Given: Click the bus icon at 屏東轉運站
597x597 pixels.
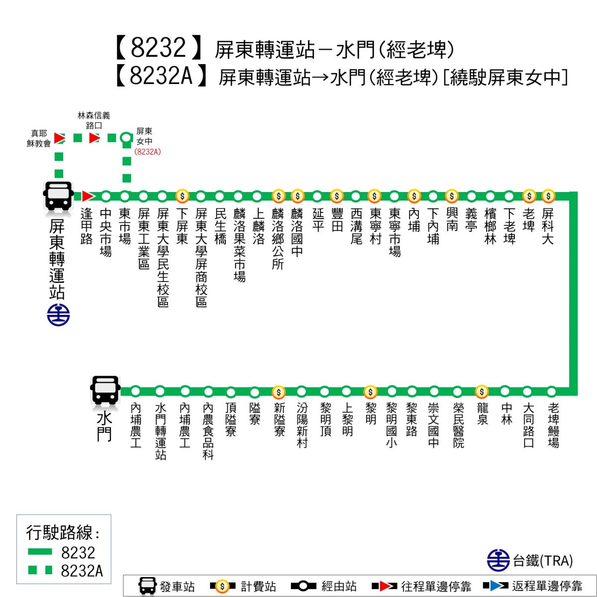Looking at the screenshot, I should click(x=59, y=195).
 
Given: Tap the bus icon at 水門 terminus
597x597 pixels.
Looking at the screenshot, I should click(x=105, y=390).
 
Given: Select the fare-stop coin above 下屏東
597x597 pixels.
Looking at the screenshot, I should click(x=183, y=196).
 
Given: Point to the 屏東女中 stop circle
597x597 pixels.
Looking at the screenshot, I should click(x=126, y=137).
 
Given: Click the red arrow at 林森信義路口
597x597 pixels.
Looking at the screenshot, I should click(x=95, y=137).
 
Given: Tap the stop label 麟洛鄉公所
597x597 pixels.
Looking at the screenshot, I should click(x=278, y=239).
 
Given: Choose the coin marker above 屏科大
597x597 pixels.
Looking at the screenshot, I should click(x=548, y=196).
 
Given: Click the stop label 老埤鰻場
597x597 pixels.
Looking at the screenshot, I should click(x=553, y=425).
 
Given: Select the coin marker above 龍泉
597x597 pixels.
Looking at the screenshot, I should click(x=482, y=392).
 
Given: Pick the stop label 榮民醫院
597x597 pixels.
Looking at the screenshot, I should click(x=458, y=425).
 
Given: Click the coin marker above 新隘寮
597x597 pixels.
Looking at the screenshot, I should click(x=279, y=392).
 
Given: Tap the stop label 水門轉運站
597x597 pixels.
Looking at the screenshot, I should click(x=160, y=431).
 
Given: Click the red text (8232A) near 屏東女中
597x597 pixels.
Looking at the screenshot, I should click(x=148, y=152).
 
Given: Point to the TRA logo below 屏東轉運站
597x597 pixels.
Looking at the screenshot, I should click(x=59, y=315).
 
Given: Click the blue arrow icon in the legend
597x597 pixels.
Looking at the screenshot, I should click(x=496, y=586).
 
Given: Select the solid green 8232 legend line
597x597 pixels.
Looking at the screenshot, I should click(x=40, y=552).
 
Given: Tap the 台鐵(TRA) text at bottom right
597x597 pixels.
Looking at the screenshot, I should click(x=543, y=561).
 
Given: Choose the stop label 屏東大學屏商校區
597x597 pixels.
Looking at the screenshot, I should click(x=201, y=257).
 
